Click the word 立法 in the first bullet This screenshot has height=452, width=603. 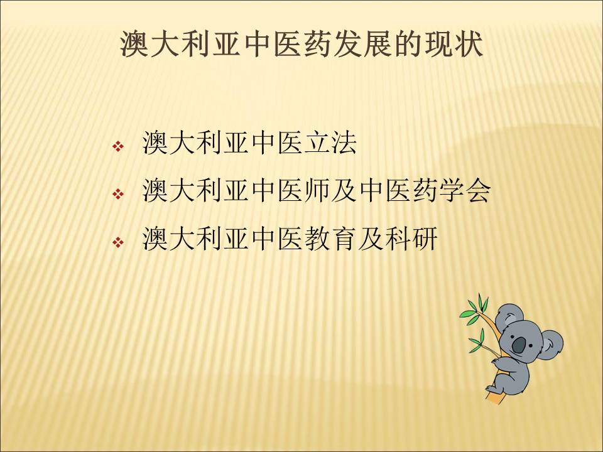[331, 143]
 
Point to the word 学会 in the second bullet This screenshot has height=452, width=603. [465, 191]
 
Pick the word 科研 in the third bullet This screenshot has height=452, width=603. [411, 239]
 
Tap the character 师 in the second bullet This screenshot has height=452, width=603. [318, 191]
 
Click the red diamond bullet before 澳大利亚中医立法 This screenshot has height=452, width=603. [117, 146]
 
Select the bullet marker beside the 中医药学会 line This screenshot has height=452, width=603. [117, 194]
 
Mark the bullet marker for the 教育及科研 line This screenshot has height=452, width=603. [117, 242]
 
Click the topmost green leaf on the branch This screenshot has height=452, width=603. [481, 302]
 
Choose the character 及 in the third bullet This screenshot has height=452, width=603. [371, 239]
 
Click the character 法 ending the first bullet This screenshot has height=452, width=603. [344, 143]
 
